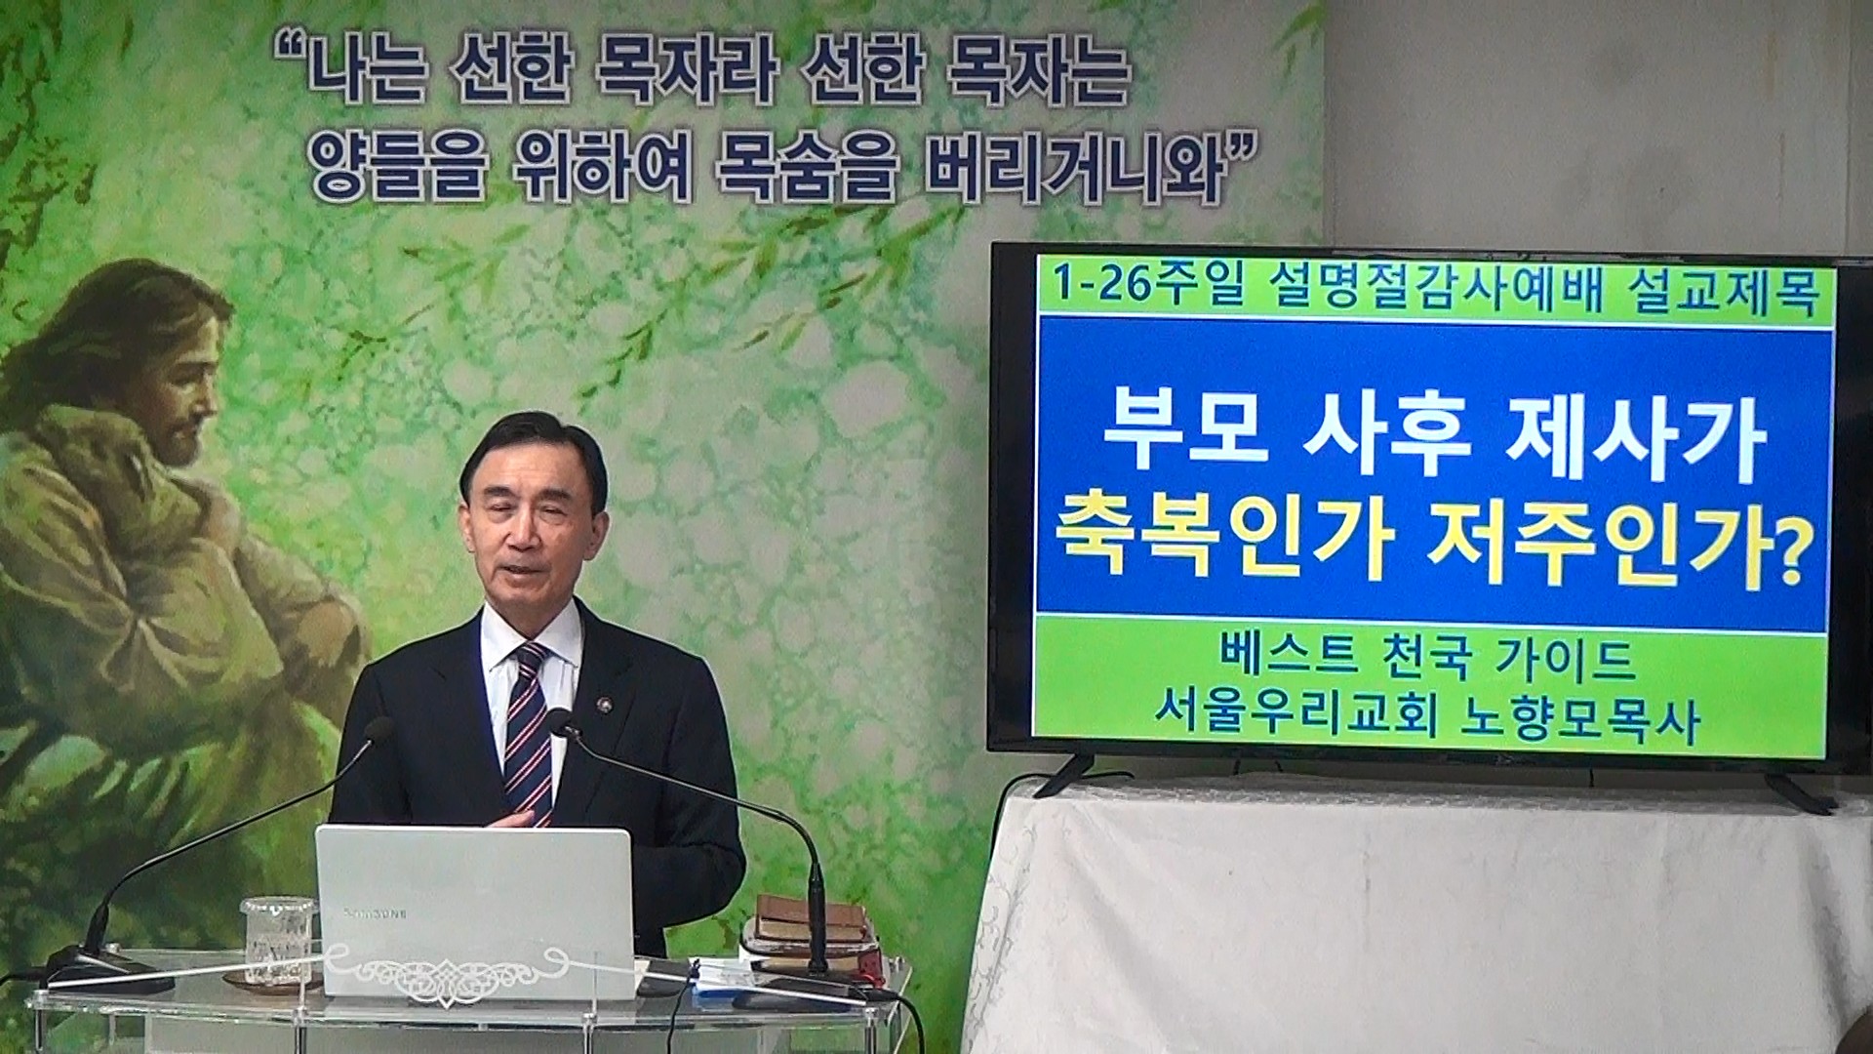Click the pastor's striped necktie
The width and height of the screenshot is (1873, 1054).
(x=528, y=732)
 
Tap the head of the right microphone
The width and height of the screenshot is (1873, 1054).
(x=559, y=723)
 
